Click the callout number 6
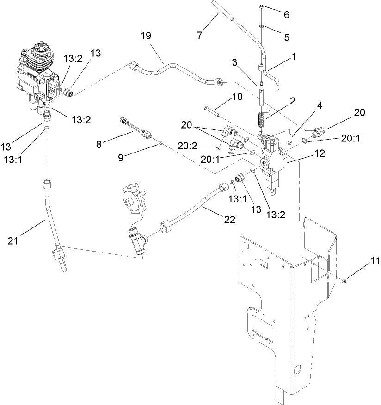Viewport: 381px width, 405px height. tap(286, 14)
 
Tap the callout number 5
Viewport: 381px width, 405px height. tap(286, 37)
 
